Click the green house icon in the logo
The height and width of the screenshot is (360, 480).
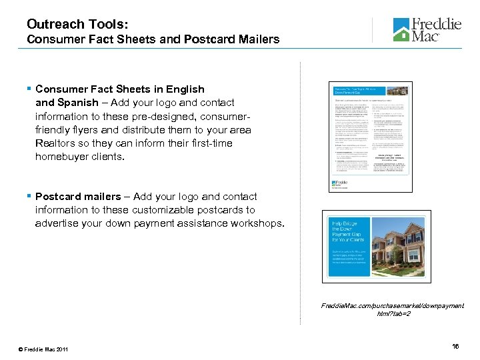pos(401,30)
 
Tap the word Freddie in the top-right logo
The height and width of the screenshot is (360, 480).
pos(436,24)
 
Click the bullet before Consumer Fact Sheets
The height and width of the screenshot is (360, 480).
pos(29,89)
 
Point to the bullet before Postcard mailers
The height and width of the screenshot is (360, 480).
pos(29,197)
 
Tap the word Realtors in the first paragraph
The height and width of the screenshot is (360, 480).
pos(57,143)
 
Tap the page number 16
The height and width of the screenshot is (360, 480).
pos(455,347)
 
